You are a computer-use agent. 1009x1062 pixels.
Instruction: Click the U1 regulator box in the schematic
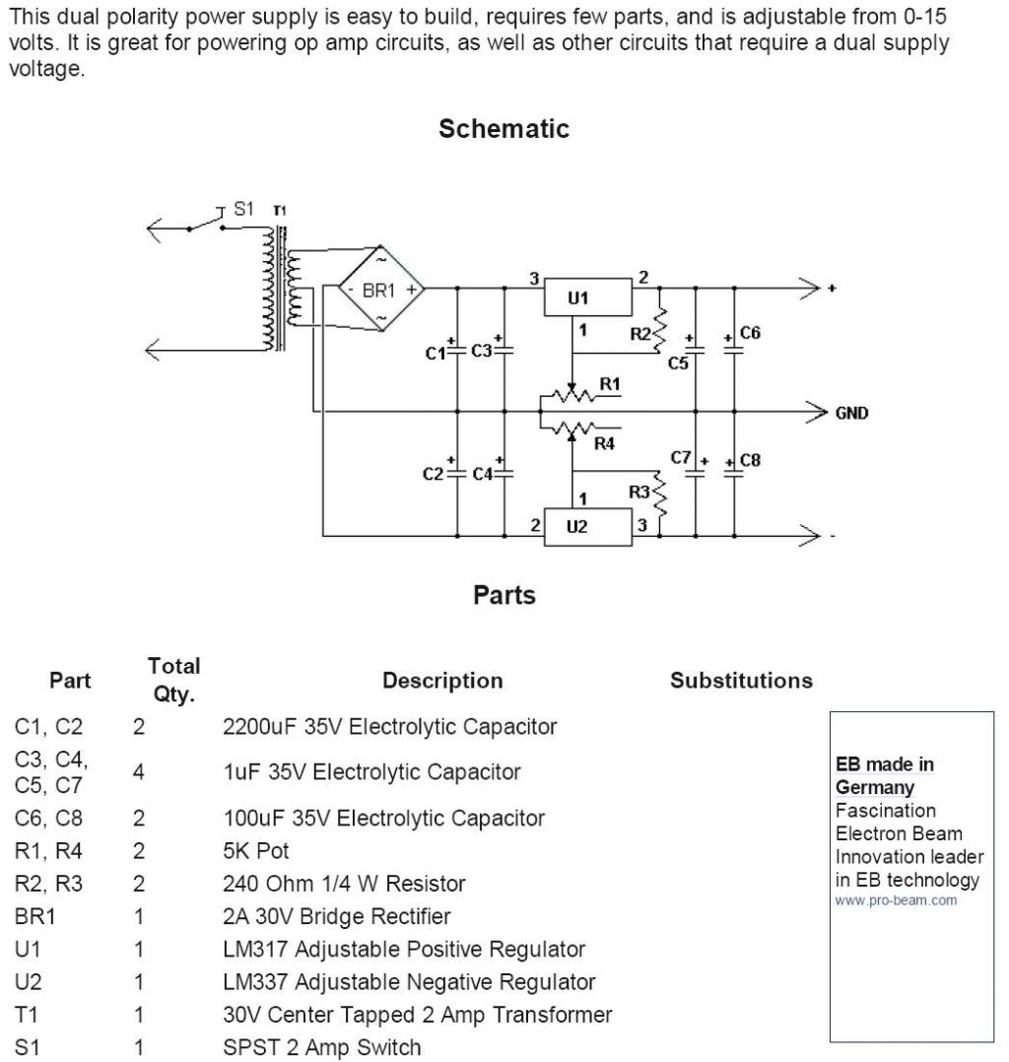[585, 298]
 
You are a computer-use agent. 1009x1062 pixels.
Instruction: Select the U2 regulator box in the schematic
[585, 527]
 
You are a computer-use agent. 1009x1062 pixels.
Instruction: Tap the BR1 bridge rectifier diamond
[380, 290]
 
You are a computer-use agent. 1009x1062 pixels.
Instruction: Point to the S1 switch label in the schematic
[243, 209]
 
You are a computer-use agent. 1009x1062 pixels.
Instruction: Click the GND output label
[852, 414]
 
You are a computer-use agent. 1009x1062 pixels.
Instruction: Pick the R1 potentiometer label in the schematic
[611, 384]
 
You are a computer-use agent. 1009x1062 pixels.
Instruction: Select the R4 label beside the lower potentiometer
[604, 444]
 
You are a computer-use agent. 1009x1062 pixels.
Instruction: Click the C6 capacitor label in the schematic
[750, 333]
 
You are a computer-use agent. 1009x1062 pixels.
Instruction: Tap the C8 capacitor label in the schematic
[750, 460]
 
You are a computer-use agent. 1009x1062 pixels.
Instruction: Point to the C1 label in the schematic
[435, 353]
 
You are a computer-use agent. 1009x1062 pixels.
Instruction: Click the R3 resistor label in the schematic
[639, 491]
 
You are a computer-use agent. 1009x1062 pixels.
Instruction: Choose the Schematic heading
[504, 129]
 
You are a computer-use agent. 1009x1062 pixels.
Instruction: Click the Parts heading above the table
[504, 595]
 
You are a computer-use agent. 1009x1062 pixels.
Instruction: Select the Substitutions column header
[741, 681]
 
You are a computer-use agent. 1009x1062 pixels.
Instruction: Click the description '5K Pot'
[256, 850]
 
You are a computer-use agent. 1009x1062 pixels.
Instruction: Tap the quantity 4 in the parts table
[139, 772]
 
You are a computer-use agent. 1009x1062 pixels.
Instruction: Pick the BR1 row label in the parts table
[35, 916]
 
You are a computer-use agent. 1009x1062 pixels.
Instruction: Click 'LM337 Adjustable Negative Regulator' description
[409, 982]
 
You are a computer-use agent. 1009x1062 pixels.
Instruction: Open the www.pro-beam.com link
[896, 900]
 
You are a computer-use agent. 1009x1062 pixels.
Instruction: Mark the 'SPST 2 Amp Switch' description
[322, 1047]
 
